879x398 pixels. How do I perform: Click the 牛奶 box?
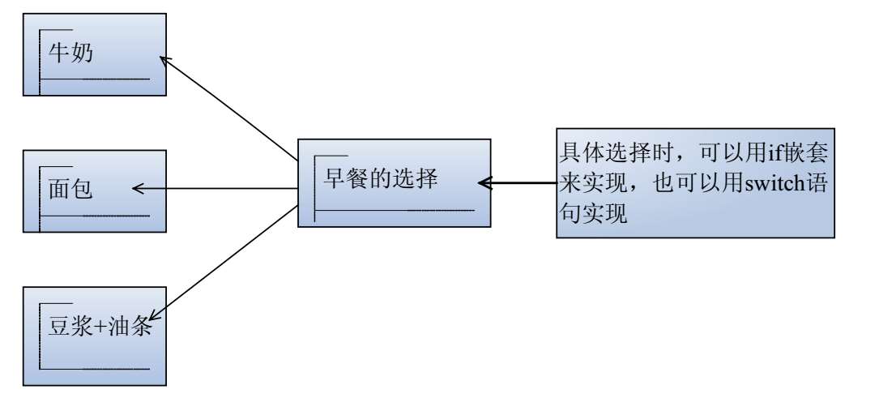pyautogui.click(x=95, y=54)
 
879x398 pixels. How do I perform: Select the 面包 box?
pyautogui.click(x=95, y=190)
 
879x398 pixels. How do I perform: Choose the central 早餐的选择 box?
pyautogui.click(x=394, y=182)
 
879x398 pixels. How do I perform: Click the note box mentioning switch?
pyautogui.click(x=695, y=182)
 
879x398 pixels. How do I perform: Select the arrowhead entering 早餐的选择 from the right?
pyautogui.click(x=484, y=182)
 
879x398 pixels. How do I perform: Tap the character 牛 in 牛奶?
pyautogui.click(x=58, y=54)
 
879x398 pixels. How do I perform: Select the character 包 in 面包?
pyautogui.click(x=82, y=190)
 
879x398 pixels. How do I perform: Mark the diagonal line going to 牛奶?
pyautogui.click(x=231, y=109)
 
